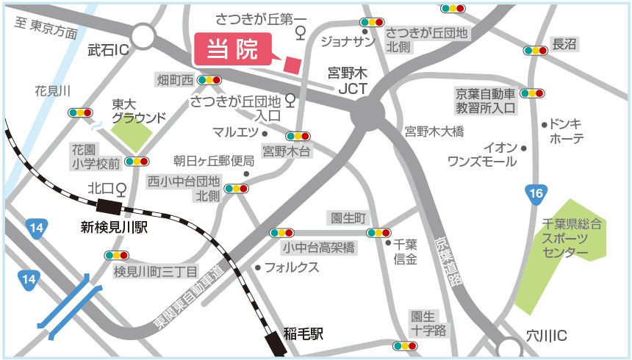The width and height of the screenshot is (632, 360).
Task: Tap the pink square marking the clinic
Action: coord(293,65)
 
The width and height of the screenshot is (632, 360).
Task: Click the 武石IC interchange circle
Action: coord(144,37)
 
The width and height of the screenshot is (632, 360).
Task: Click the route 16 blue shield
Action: coord(536,195)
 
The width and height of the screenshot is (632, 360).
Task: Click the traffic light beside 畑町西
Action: coord(210,79)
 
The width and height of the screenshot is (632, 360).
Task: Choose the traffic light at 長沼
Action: coord(535,51)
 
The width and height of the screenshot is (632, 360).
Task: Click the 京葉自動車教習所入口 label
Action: coord(486,100)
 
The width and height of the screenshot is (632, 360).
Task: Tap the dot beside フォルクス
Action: coord(258,267)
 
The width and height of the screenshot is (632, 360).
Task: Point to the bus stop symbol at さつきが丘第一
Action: coord(300,33)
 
